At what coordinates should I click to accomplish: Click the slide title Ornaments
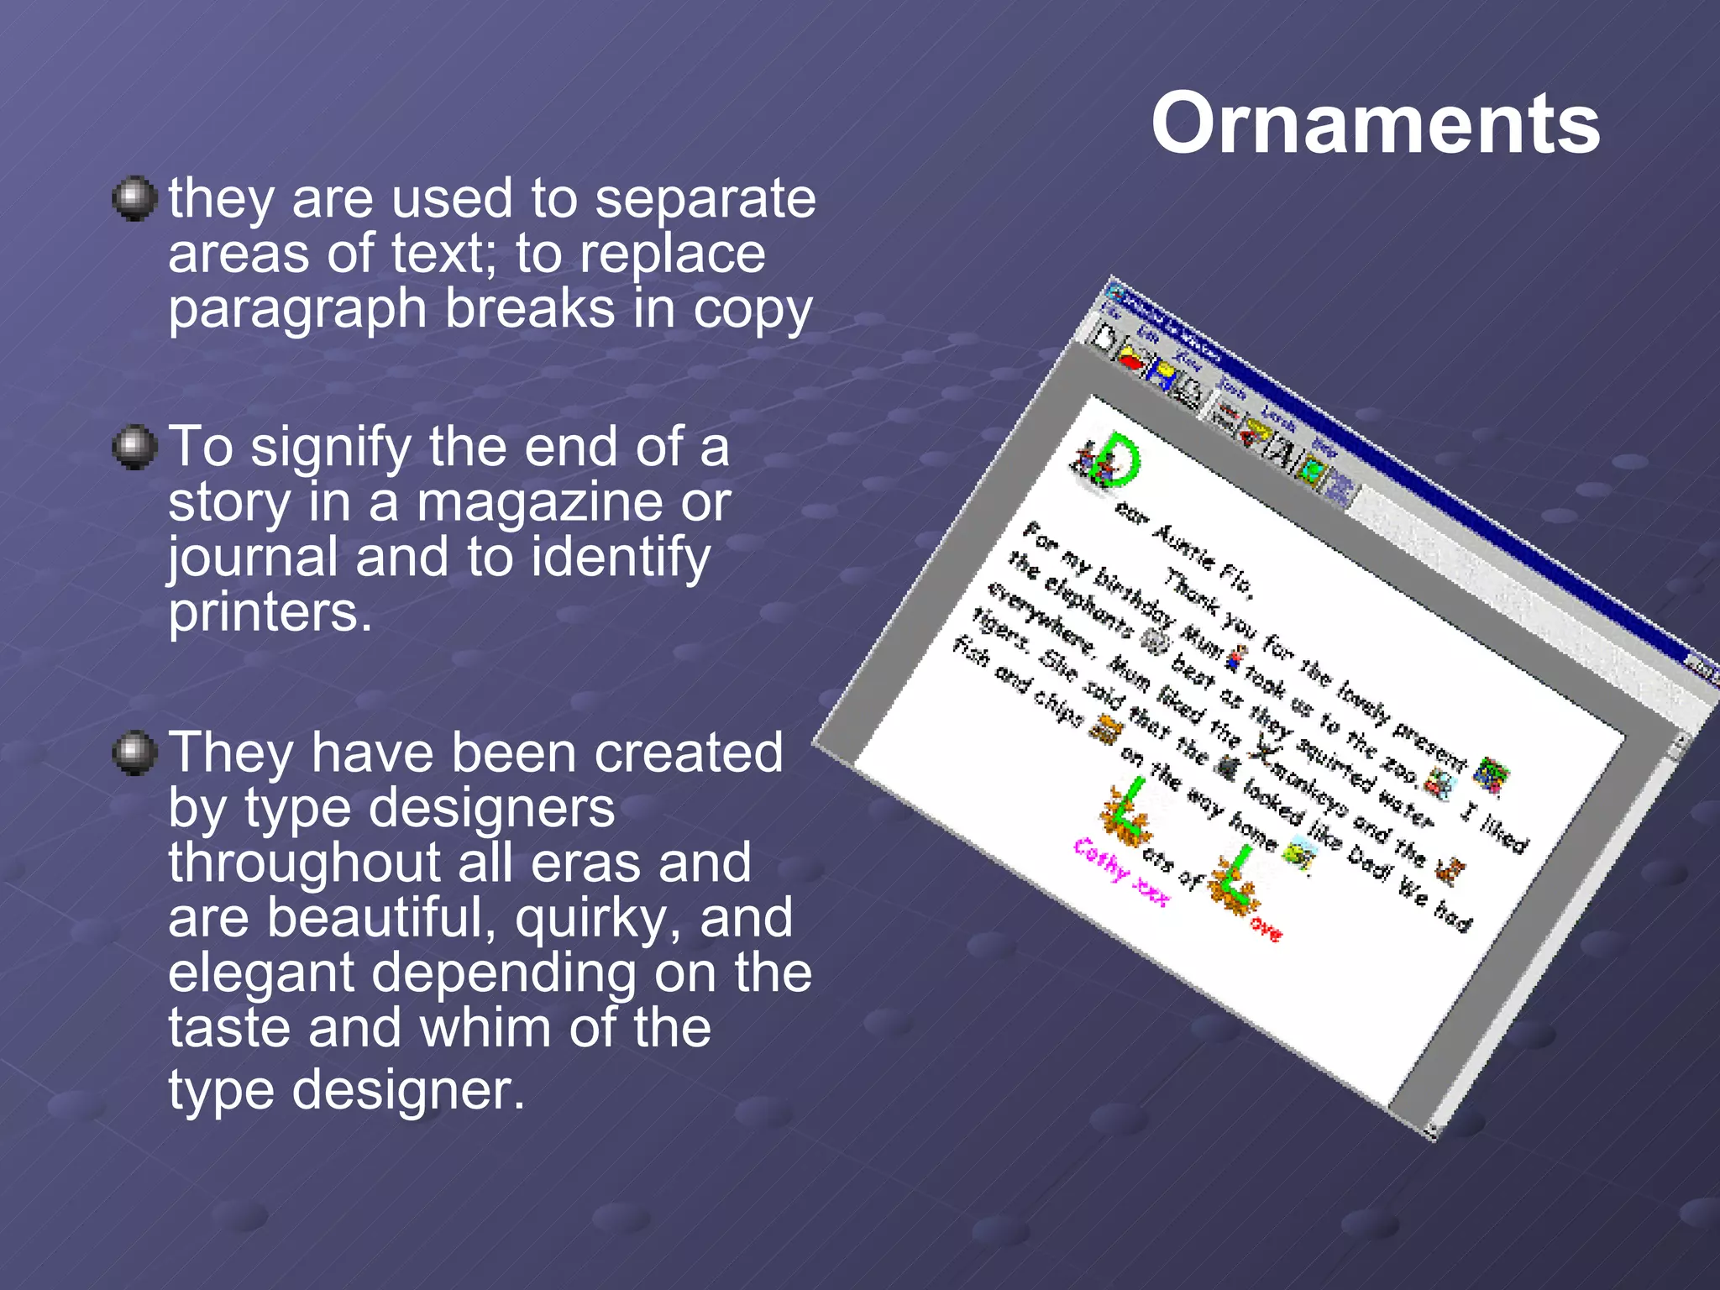(x=1375, y=123)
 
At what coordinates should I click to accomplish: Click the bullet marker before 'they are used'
(x=134, y=199)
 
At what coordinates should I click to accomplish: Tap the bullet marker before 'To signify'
(x=134, y=447)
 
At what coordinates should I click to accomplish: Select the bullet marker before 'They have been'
(x=134, y=752)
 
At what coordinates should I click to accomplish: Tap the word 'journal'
(x=252, y=558)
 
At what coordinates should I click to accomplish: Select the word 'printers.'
(x=270, y=612)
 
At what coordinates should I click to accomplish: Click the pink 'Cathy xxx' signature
(x=1121, y=873)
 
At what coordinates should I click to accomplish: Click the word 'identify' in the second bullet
(x=621, y=558)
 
